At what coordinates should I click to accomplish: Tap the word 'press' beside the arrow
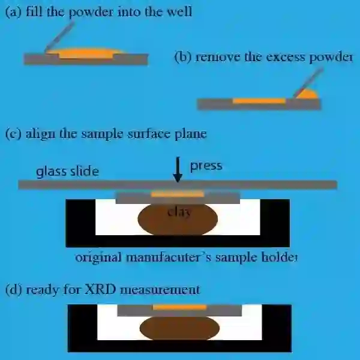[206, 166]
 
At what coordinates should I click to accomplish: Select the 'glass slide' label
[67, 172]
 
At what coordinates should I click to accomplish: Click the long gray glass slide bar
[178, 184]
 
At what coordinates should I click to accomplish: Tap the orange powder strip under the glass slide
[178, 193]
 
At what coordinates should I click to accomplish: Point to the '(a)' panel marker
[13, 11]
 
